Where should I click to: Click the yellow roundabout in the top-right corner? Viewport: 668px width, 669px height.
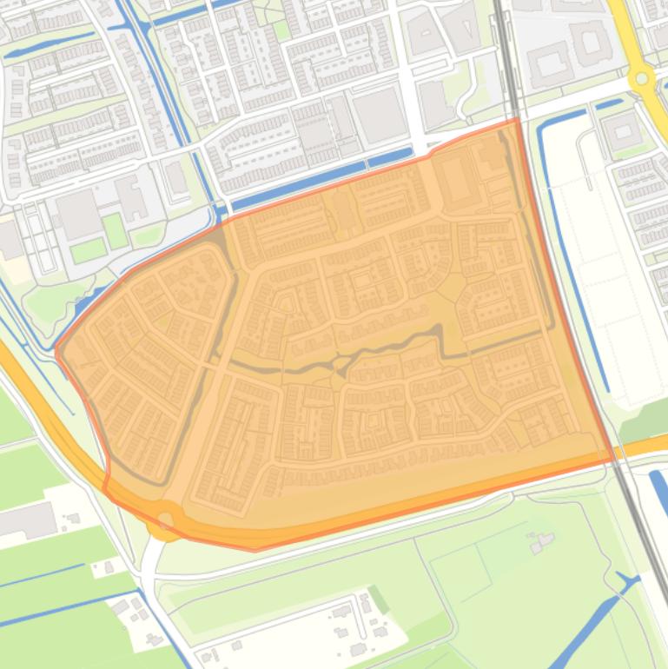coord(642,79)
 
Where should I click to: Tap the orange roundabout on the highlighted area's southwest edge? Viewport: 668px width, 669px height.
coord(166,520)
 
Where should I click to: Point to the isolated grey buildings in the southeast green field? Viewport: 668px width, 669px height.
coord(542,543)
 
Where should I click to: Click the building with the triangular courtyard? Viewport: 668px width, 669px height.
coord(425,33)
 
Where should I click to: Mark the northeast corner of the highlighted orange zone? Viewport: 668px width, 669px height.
coord(519,120)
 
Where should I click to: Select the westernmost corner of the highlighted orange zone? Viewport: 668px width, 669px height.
coord(56,351)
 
